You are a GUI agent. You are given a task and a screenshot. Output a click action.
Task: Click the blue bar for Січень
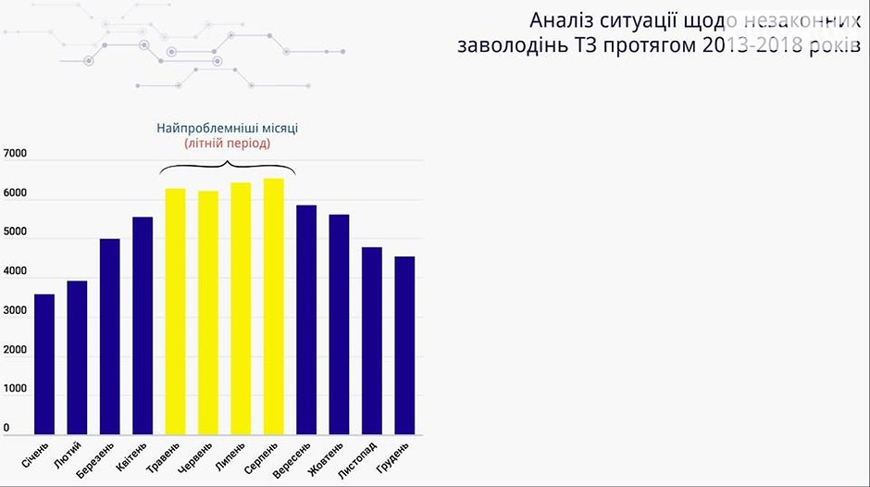click(x=44, y=365)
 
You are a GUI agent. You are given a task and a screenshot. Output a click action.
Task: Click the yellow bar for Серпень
click(x=274, y=306)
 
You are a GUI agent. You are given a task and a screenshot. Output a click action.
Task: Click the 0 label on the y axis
click(x=7, y=428)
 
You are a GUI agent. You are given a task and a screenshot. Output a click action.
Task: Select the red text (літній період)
click(x=227, y=144)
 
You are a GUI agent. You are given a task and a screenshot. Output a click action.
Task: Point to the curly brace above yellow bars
click(x=227, y=167)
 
